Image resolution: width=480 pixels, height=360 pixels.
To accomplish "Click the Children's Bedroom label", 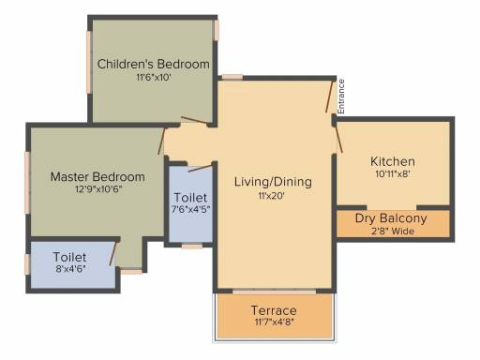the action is [x=154, y=64].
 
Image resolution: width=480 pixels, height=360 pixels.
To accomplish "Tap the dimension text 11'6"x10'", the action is [x=154, y=77].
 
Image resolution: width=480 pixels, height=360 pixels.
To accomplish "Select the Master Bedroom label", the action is [x=97, y=176].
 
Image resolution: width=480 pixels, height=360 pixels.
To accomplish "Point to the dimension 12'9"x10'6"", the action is [x=98, y=189].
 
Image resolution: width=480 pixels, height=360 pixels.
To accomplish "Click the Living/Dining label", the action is [x=273, y=182].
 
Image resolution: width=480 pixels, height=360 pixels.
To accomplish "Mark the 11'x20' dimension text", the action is [x=271, y=196].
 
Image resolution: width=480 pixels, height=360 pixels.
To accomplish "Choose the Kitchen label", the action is [x=393, y=161].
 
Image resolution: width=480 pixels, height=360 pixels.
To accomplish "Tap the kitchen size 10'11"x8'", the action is [x=393, y=174].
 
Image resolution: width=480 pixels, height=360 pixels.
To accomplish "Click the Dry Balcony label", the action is [x=391, y=218].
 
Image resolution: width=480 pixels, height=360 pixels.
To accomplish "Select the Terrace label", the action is [x=274, y=310].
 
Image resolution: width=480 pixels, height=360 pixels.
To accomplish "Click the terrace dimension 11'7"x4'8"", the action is [x=274, y=322].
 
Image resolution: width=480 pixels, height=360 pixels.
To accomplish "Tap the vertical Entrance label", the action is [x=341, y=97].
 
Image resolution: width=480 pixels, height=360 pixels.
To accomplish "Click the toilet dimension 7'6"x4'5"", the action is [x=190, y=209].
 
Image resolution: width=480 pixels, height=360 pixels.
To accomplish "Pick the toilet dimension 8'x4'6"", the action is [x=70, y=268].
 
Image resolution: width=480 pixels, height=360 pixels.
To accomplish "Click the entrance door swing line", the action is [x=330, y=96].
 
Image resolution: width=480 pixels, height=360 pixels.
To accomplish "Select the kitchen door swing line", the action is [x=338, y=138].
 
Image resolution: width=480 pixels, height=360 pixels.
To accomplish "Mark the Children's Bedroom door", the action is [x=195, y=121].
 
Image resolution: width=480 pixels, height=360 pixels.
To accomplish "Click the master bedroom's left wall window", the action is [x=27, y=183].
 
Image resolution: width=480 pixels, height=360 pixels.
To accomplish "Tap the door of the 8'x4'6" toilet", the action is [x=113, y=254].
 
